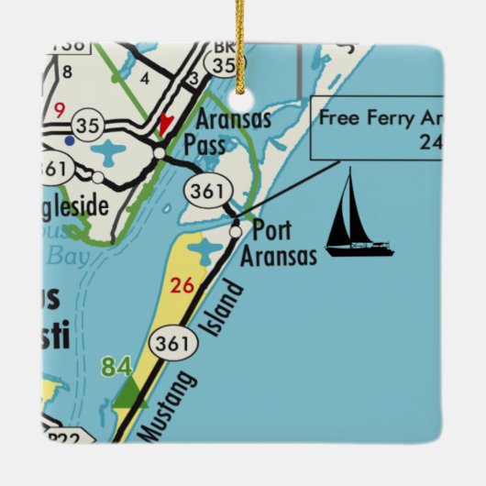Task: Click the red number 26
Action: click(x=182, y=285)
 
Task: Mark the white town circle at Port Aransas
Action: click(x=236, y=233)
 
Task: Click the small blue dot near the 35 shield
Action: click(x=70, y=141)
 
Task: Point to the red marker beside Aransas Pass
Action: click(x=165, y=124)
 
